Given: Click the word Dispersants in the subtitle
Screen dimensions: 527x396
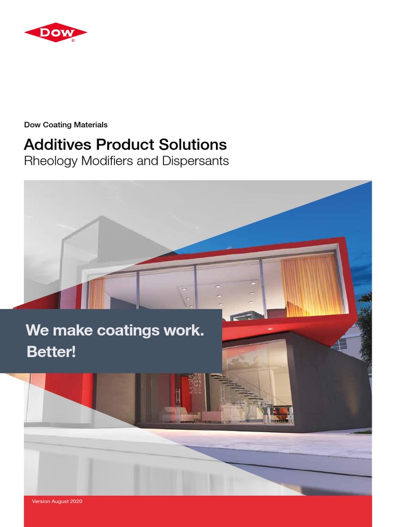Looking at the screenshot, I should click(198, 161).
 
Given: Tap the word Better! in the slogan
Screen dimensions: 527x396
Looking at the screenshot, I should click(51, 354).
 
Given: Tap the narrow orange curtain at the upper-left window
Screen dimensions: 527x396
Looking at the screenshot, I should click(96, 293).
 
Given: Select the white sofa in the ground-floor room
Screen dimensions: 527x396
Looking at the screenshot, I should click(179, 414).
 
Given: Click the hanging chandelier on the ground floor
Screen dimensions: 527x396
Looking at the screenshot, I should click(195, 383).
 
